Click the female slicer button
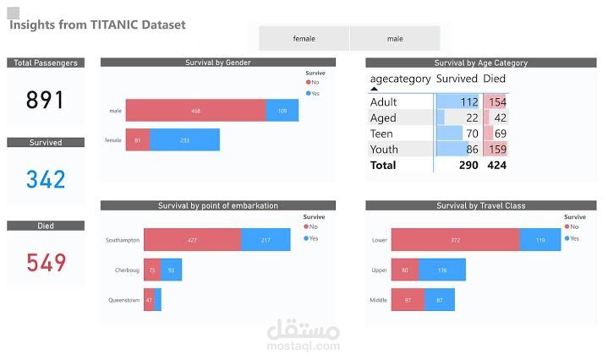304,39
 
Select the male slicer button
395,39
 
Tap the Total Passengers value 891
45,100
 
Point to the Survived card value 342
45,179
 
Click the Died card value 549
46,263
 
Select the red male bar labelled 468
195,111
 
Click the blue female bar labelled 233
185,140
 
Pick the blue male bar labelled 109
282,111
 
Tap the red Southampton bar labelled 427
192,240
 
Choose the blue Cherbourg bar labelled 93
171,270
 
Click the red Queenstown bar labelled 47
149,300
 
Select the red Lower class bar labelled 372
455,240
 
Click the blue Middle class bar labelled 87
439,300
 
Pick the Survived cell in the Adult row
457,102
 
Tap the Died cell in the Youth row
495,150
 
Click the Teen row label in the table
382,134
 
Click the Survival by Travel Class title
480,205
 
